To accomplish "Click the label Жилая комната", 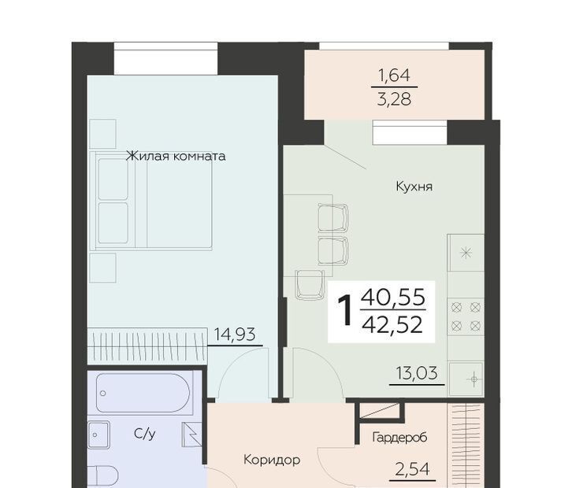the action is click(x=176, y=156).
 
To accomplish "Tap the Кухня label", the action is click(x=414, y=187).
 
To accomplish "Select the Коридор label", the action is click(x=272, y=460).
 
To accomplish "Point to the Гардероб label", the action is click(x=399, y=437).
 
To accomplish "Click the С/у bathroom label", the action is click(x=145, y=434).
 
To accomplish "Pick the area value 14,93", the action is click(x=235, y=334).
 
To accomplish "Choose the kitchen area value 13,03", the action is click(x=417, y=373).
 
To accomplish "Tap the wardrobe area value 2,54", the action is click(x=413, y=469).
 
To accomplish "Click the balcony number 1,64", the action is click(x=394, y=76).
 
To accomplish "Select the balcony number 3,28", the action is click(x=394, y=98).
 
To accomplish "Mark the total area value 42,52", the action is click(x=392, y=325).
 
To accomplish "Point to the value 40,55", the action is click(x=393, y=296).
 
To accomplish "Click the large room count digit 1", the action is click(x=345, y=310).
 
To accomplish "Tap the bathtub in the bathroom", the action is click(x=143, y=394).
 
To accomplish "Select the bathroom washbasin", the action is click(x=98, y=434).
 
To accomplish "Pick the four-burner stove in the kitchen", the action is click(x=466, y=316).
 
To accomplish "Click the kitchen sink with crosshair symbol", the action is click(x=466, y=379).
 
